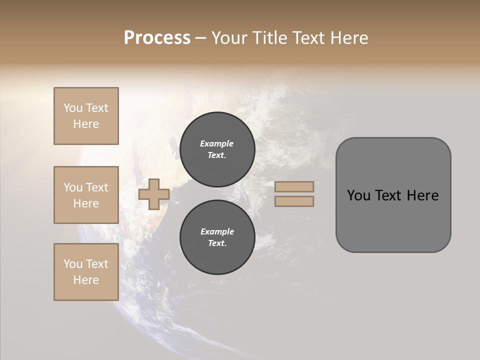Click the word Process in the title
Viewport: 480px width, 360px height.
[157, 38]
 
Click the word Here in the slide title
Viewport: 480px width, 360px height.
[348, 38]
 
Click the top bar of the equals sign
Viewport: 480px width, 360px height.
[294, 186]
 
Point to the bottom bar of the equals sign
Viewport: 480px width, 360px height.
[294, 201]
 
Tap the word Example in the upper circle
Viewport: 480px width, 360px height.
[216, 143]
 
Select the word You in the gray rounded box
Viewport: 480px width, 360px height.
[358, 195]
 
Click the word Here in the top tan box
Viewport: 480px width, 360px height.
[86, 124]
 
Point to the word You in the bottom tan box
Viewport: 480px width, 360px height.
[73, 264]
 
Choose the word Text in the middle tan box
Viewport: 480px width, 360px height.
[96, 187]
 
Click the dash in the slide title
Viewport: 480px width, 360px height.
[201, 38]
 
